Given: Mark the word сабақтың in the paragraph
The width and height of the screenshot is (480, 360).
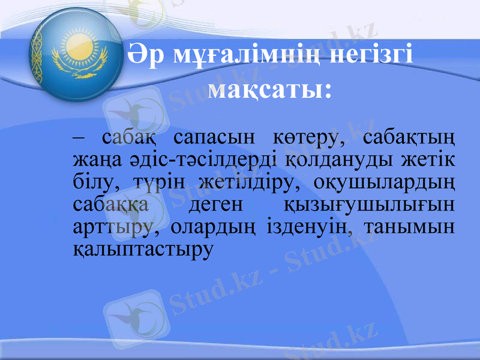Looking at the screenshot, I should tap(409, 138).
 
